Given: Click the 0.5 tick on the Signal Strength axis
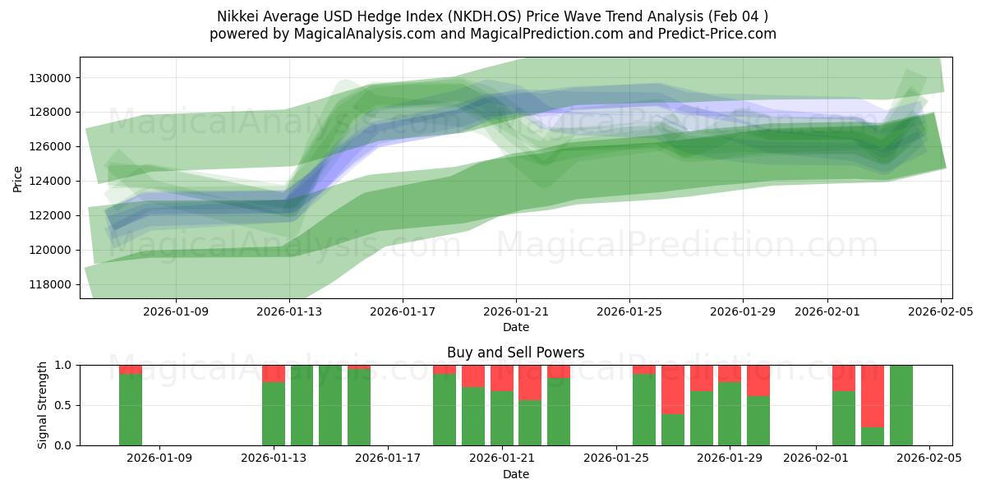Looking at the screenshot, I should [64, 405].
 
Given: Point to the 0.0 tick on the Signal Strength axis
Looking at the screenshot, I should [64, 445].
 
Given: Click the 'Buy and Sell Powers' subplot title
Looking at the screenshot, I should [515, 352].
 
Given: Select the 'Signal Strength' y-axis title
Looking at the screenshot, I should [43, 405].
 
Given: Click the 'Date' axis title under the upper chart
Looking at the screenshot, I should [515, 327].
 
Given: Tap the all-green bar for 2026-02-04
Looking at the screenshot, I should [901, 405].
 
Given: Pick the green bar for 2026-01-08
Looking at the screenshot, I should [131, 409].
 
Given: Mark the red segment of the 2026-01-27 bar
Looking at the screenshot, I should [673, 389].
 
